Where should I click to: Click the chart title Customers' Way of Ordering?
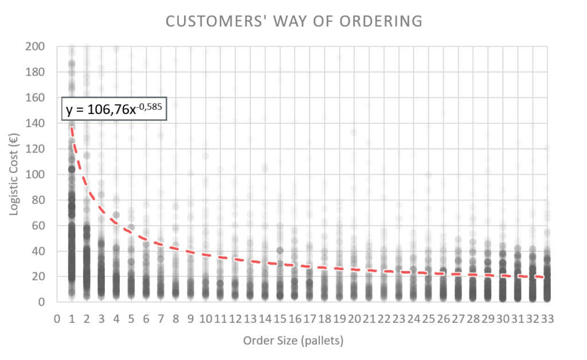click(x=293, y=22)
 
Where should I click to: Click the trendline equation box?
click(x=114, y=109)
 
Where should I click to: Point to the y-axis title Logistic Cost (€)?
click(x=14, y=174)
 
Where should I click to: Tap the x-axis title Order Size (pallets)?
click(x=293, y=341)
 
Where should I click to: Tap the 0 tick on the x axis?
click(x=57, y=318)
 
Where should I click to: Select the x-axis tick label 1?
click(x=72, y=318)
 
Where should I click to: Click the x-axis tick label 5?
click(x=131, y=318)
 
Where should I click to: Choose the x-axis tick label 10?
click(x=205, y=318)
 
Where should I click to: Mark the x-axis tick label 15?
click(x=280, y=318)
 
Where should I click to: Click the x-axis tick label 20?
click(x=354, y=318)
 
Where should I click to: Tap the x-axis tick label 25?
click(x=428, y=318)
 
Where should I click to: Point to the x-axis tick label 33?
click(x=547, y=318)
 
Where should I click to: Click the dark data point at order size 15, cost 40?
click(x=280, y=250)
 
